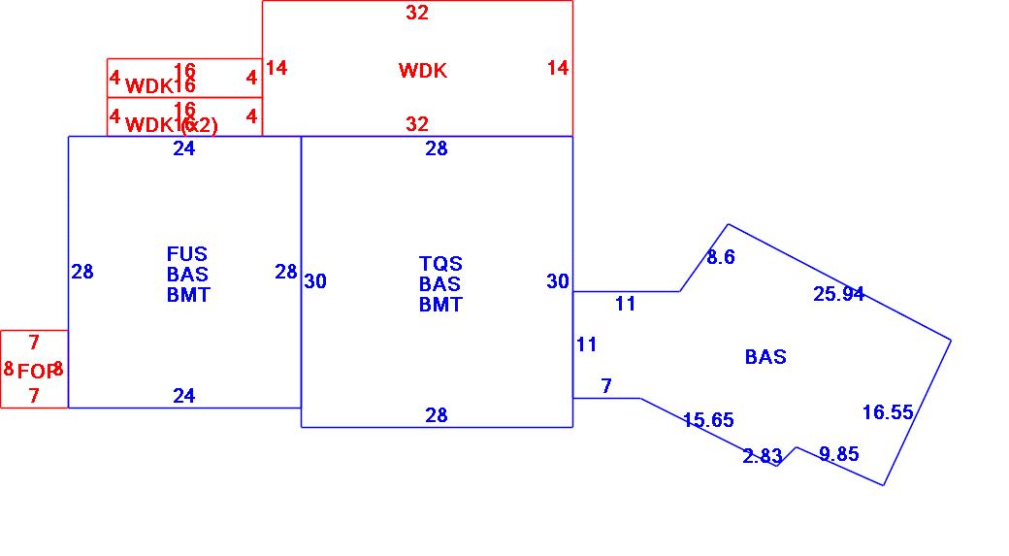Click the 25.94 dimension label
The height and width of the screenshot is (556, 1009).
click(838, 294)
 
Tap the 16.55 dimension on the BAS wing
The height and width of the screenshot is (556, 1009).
click(888, 412)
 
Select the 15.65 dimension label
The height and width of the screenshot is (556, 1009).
click(708, 420)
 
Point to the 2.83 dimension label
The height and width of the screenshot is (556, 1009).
click(763, 456)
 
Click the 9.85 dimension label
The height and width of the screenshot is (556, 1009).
click(838, 454)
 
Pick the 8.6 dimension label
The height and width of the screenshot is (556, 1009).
click(721, 257)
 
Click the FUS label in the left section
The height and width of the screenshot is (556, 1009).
click(187, 255)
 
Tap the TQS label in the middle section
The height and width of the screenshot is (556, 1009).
click(440, 264)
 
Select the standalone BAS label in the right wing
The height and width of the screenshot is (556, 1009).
click(765, 357)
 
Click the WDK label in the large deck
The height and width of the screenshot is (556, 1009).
click(423, 70)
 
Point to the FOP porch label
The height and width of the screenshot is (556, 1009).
click(35, 371)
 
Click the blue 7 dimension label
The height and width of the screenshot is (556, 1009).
click(606, 386)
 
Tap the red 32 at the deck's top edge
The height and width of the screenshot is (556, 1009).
click(417, 13)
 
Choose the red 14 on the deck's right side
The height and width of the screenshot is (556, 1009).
click(558, 68)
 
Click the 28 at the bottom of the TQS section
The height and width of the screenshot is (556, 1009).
click(437, 415)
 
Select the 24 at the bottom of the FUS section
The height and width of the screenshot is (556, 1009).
click(184, 395)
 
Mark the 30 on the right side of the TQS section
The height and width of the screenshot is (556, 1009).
click(558, 281)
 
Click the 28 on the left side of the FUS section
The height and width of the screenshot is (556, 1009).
click(82, 272)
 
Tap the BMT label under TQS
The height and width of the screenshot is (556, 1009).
click(440, 305)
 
